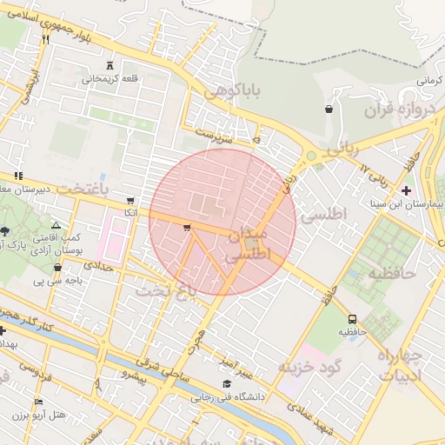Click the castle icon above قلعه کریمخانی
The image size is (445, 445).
[110, 65]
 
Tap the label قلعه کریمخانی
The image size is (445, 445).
[110, 79]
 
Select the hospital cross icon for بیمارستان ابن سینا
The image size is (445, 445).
[407, 190]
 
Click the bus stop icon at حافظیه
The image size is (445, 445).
[352, 319]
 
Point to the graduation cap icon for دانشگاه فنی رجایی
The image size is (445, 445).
[227, 384]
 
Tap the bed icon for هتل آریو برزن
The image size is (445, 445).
[37, 402]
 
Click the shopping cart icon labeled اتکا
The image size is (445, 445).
[130, 199]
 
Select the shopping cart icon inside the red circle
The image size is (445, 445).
[187, 228]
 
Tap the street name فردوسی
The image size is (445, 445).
[37, 370]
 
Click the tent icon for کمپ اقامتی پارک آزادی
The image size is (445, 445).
[56, 224]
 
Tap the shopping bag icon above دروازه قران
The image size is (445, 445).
[329, 110]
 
